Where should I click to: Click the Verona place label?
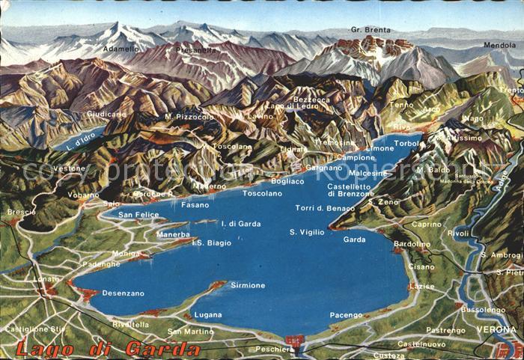(496, 329)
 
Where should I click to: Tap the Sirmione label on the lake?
(248, 285)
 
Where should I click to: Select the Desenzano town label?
(123, 293)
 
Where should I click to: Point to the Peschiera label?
(274, 349)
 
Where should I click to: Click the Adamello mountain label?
(121, 49)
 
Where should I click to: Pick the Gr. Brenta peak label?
(371, 30)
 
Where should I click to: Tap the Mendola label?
(499, 45)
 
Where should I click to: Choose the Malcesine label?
(368, 173)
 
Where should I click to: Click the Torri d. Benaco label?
(325, 208)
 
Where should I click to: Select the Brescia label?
(22, 212)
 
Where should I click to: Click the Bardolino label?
(412, 244)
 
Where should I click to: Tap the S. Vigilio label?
(307, 233)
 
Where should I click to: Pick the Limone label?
(380, 148)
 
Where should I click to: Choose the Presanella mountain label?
(196, 50)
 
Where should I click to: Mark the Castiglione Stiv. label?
(36, 329)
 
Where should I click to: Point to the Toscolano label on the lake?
(262, 193)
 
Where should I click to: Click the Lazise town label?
(421, 286)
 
